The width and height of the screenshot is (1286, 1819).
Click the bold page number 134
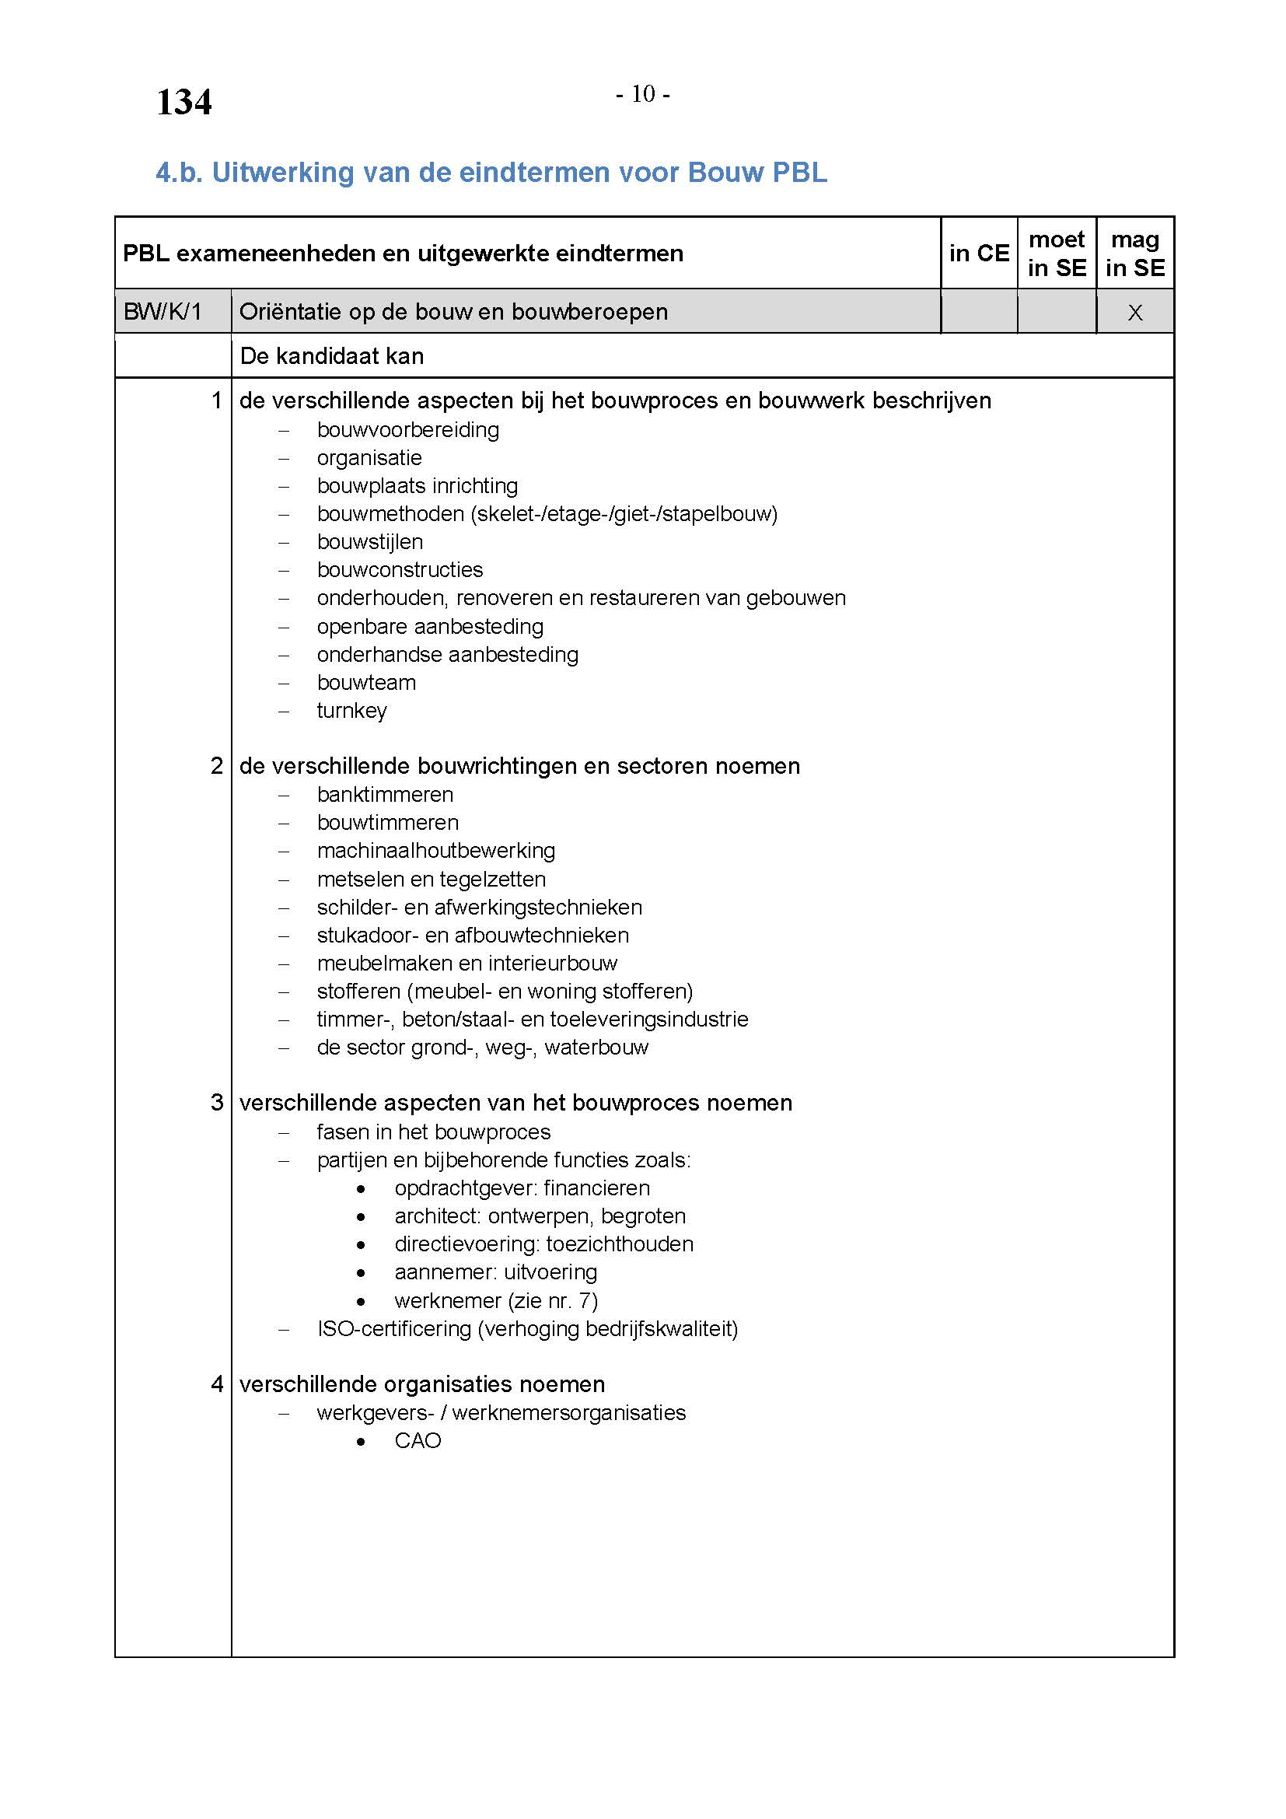[x=183, y=102]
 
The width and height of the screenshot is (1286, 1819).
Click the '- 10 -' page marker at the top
[x=643, y=94]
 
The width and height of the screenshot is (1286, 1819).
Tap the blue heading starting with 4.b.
[x=491, y=172]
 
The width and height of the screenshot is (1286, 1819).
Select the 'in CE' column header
[x=979, y=253]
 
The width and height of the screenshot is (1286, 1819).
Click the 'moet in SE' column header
[x=1057, y=253]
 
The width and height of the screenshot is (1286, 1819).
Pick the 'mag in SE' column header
[x=1134, y=253]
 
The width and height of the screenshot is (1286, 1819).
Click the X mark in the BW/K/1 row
[x=1134, y=312]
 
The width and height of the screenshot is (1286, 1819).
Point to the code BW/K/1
[x=162, y=311]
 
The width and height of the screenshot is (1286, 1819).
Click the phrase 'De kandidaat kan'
[x=332, y=355]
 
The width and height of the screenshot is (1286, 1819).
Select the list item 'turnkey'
[x=351, y=711]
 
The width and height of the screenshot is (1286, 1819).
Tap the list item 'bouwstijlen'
[x=370, y=542]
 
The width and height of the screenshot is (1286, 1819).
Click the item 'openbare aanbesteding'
[x=430, y=627]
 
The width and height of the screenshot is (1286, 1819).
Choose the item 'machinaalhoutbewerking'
[x=435, y=851]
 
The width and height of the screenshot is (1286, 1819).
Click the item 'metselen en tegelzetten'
[x=431, y=880]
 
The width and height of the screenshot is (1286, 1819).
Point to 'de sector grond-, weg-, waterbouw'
[x=482, y=1048]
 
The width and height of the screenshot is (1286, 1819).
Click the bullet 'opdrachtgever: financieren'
[x=522, y=1188]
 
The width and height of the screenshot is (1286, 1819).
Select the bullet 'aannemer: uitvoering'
[x=496, y=1272]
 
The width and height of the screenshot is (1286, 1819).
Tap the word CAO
[x=418, y=1440]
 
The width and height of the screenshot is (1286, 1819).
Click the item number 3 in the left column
[x=217, y=1103]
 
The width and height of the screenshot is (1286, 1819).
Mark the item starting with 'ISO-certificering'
[x=527, y=1328]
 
